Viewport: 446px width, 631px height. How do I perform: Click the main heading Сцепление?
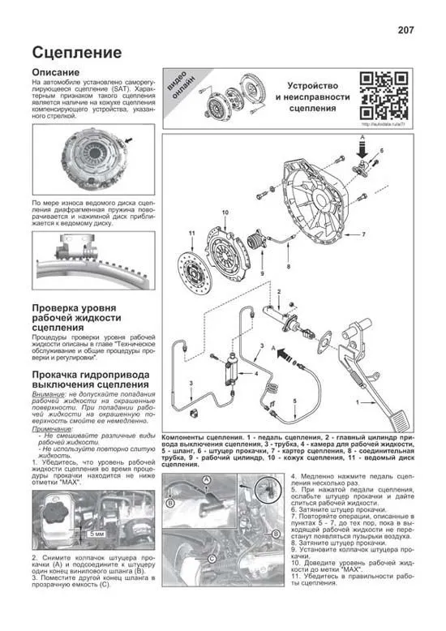point(77,53)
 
